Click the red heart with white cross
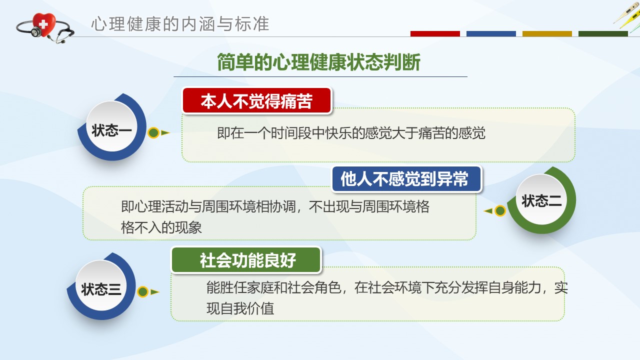[x=43, y=24]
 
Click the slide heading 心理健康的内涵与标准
[x=180, y=23]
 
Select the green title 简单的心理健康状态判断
[x=319, y=62]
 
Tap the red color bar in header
[x=435, y=33]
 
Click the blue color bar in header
[x=491, y=33]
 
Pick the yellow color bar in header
[x=547, y=33]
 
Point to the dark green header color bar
[x=603, y=33]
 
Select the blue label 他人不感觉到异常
[x=406, y=179]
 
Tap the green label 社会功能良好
[x=246, y=260]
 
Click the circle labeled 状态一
[x=111, y=126]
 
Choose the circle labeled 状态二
[x=541, y=199]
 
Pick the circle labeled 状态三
[x=101, y=285]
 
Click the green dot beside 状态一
[x=153, y=132]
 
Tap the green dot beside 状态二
[x=500, y=211]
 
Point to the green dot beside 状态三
[x=142, y=291]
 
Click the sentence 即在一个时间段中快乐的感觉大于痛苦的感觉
[x=351, y=133]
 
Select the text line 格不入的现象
[x=161, y=227]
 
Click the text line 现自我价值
[x=240, y=308]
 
